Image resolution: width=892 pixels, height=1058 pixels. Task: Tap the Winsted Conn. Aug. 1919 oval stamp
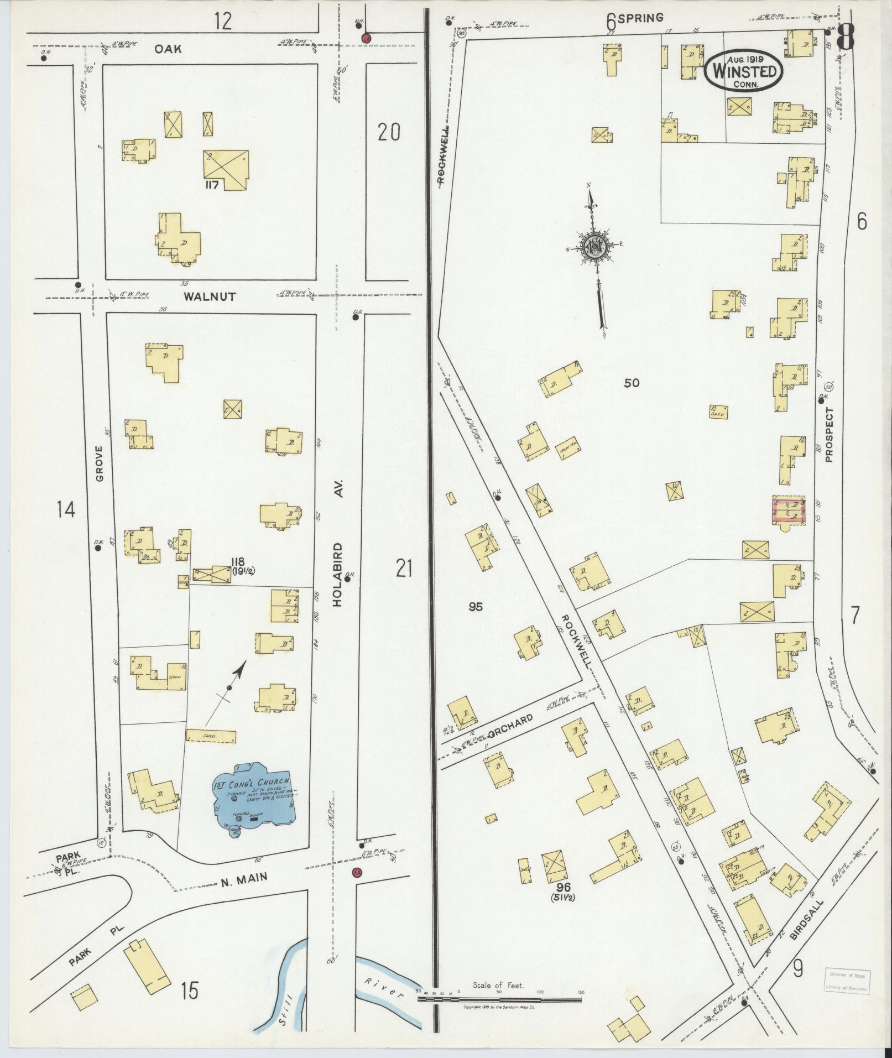[x=744, y=70]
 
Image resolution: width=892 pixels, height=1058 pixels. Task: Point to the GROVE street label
[x=100, y=464]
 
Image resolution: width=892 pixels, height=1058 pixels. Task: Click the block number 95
[x=475, y=607]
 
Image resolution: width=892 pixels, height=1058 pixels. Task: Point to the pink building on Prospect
[x=789, y=509]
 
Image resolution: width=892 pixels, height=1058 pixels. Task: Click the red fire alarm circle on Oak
[x=366, y=38]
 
